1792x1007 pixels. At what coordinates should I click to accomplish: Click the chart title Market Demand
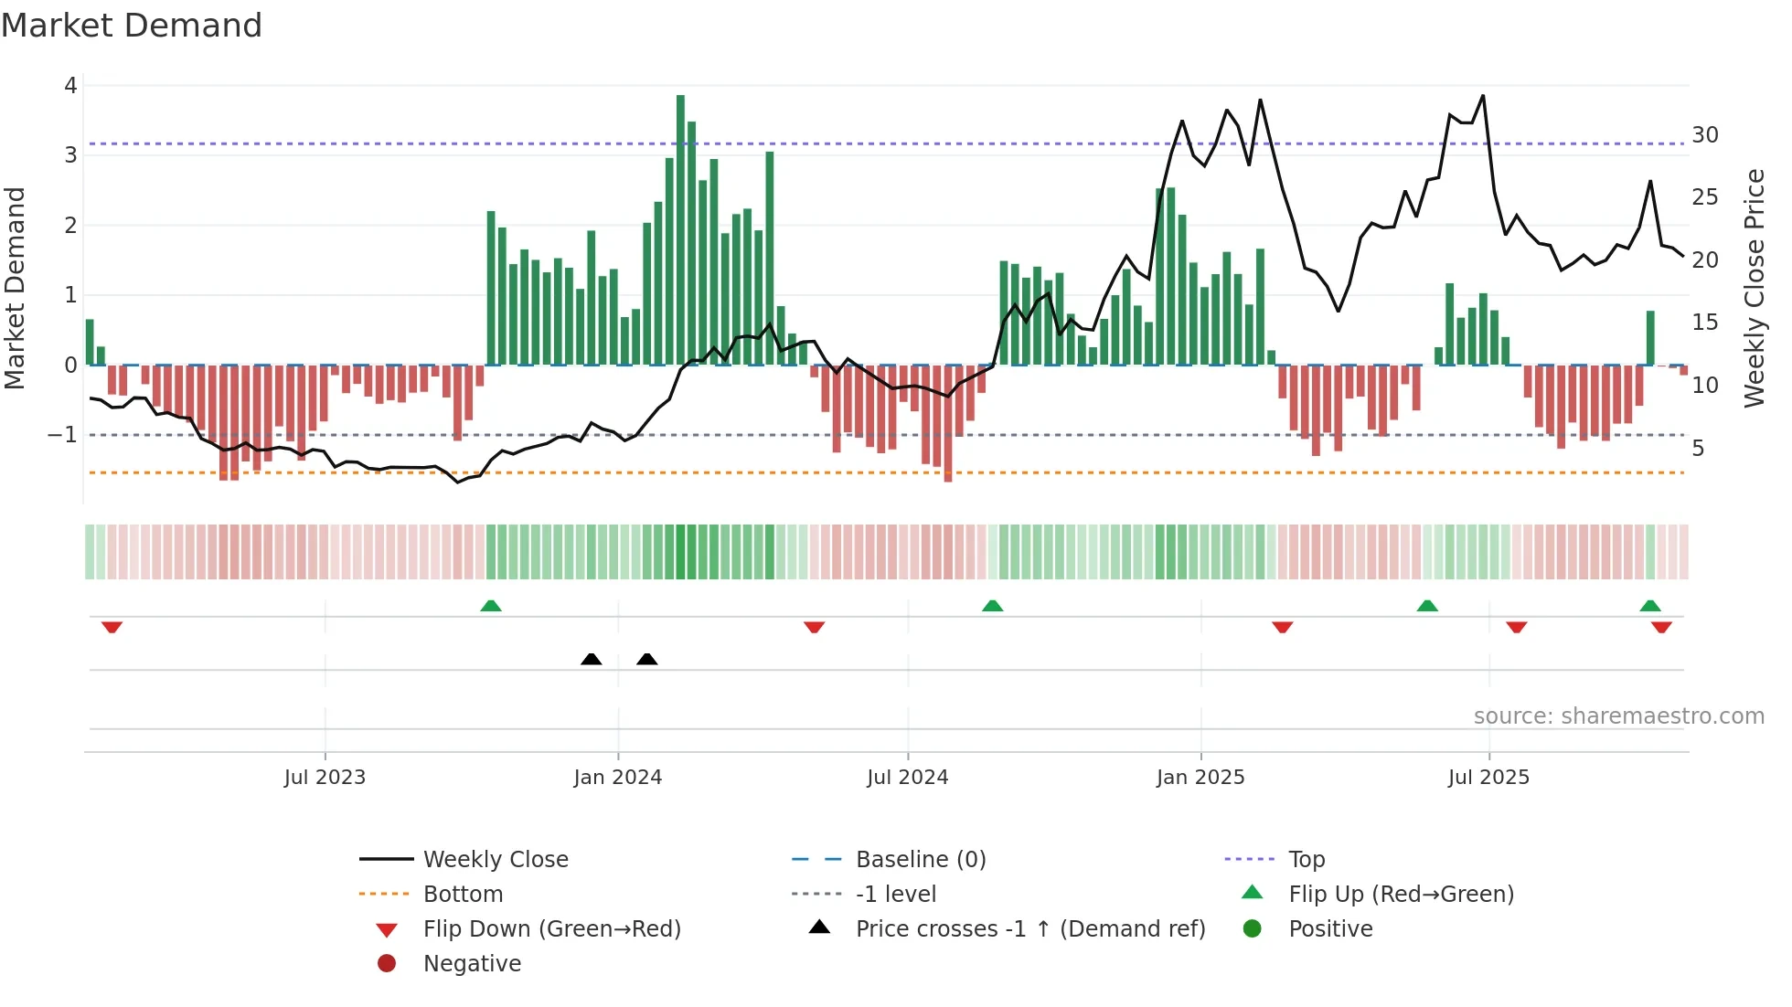pos(132,26)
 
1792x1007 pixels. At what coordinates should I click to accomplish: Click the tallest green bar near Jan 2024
pos(680,228)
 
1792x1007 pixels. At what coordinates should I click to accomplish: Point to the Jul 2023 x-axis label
pos(325,778)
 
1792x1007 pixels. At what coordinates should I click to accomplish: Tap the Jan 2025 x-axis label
pos(1200,778)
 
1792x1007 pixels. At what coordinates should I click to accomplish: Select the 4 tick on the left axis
pos(70,86)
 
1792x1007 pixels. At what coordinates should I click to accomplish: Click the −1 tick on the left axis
pos(63,435)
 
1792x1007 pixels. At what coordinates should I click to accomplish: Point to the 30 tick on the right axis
pos(1704,135)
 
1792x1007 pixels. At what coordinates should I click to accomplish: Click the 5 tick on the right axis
pos(1698,449)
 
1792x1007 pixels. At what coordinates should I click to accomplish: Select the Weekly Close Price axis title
pos(1754,288)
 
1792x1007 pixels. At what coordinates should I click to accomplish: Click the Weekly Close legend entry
pos(495,860)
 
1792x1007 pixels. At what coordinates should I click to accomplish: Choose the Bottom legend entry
pos(463,895)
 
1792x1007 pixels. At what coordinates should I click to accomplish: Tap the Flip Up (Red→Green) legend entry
pos(1401,895)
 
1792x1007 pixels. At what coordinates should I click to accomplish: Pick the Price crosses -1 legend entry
pos(1029,929)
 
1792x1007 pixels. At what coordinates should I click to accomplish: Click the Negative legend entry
pos(472,964)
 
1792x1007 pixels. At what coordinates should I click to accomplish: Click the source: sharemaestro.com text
pos(1618,716)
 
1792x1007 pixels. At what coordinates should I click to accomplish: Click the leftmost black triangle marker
pos(592,659)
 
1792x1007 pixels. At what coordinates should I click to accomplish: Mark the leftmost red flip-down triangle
pos(112,627)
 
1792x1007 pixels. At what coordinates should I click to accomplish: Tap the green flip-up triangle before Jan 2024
pos(491,606)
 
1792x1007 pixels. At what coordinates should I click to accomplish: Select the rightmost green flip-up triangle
pos(1650,606)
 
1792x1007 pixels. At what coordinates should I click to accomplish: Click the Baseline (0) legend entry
pos(920,860)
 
